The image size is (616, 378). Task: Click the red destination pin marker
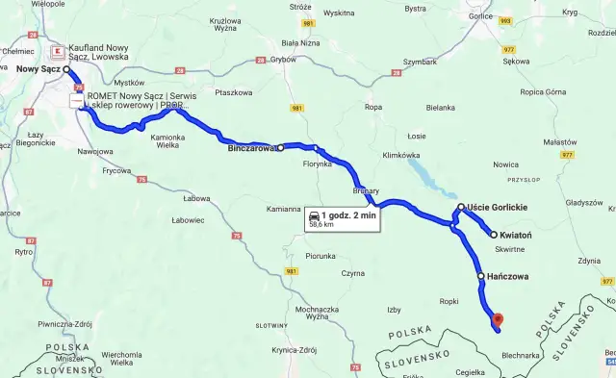497,319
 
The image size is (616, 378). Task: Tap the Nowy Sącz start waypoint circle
67,70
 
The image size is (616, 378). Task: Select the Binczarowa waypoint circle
280,149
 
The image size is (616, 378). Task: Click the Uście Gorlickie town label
498,207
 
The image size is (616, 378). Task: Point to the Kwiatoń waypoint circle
494,235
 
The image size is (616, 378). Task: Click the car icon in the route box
314,216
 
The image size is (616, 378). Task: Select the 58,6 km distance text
322,226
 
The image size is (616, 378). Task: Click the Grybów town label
283,59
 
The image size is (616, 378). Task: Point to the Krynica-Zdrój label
295,350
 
